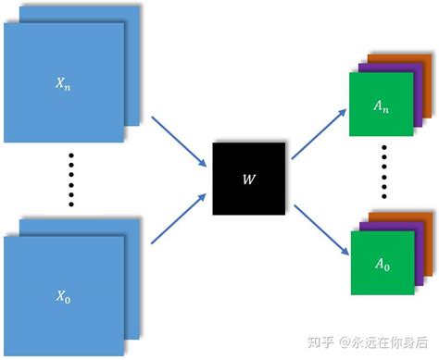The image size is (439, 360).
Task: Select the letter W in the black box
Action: [249, 179]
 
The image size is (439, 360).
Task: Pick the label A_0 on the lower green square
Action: [382, 265]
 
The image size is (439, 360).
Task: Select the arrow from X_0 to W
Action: [178, 218]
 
